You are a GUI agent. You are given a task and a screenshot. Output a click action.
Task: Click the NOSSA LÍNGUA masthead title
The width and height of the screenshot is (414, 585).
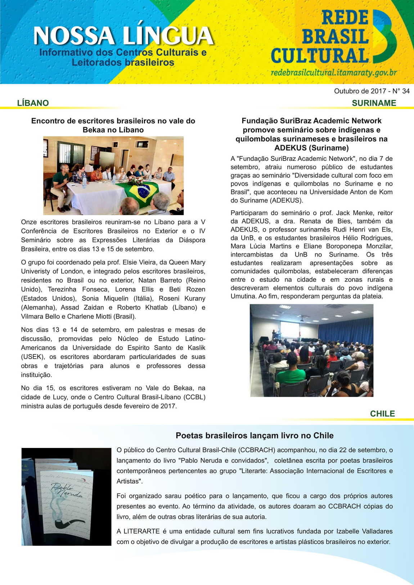(x=123, y=36)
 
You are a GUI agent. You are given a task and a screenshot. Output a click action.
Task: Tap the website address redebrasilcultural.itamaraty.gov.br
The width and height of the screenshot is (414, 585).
(x=334, y=73)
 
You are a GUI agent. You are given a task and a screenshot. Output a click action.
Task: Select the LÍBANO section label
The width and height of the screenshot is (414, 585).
(x=33, y=103)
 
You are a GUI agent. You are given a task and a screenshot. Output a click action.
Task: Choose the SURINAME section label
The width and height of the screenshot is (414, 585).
(x=374, y=103)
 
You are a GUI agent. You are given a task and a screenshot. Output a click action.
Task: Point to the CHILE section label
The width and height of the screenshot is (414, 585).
(x=382, y=414)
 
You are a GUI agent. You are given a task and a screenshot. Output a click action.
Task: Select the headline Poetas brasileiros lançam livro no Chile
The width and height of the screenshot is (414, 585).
(x=255, y=435)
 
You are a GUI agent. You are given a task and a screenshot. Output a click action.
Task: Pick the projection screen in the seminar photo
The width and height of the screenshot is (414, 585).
(x=289, y=330)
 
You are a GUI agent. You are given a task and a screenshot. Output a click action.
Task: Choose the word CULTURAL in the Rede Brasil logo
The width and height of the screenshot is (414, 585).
(x=320, y=56)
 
